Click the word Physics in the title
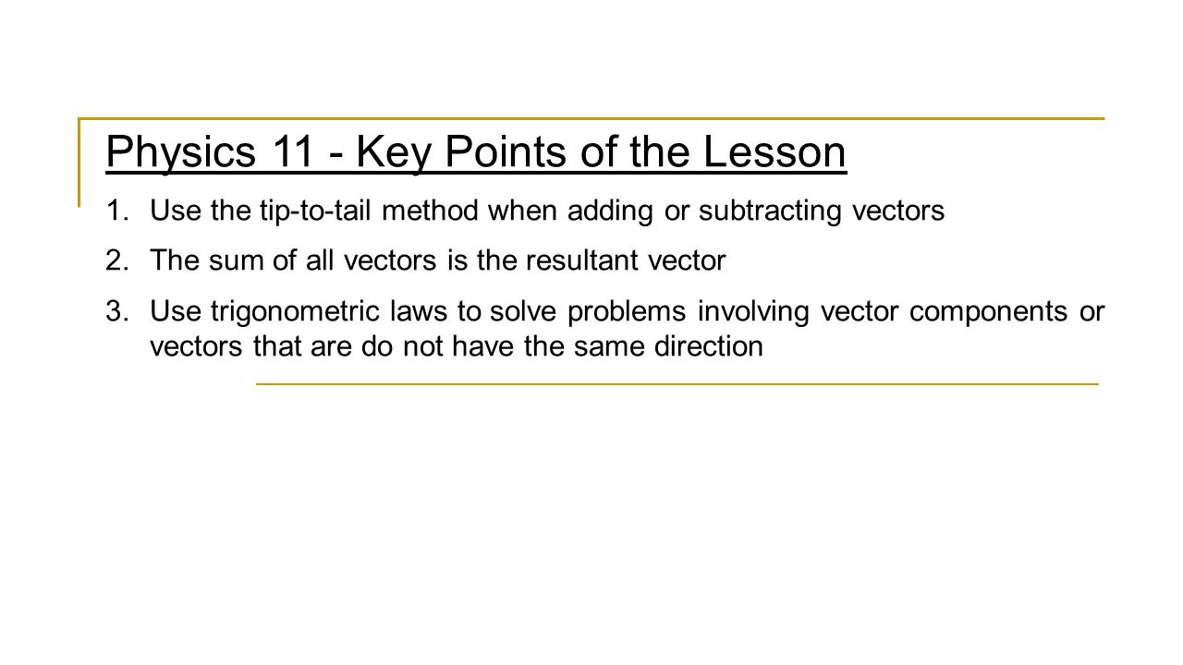(180, 153)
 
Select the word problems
(625, 311)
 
